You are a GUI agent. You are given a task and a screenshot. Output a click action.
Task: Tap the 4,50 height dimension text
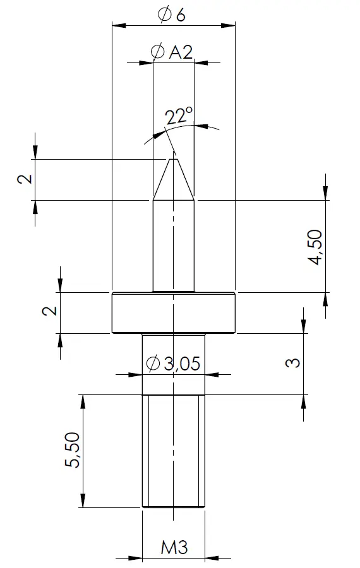tap(315, 247)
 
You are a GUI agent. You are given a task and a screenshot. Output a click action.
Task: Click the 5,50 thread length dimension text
tap(73, 450)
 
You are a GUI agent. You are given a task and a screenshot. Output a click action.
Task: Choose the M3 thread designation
tap(173, 547)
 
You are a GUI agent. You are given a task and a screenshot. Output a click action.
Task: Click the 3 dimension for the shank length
tap(291, 363)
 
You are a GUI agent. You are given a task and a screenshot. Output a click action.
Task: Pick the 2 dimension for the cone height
tap(25, 179)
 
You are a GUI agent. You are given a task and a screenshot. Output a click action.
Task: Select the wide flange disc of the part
tap(173, 313)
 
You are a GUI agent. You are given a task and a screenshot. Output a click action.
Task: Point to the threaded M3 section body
tap(173, 451)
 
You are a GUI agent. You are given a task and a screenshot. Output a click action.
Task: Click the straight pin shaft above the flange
tap(173, 246)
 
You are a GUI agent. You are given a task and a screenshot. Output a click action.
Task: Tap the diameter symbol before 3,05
tap(152, 364)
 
